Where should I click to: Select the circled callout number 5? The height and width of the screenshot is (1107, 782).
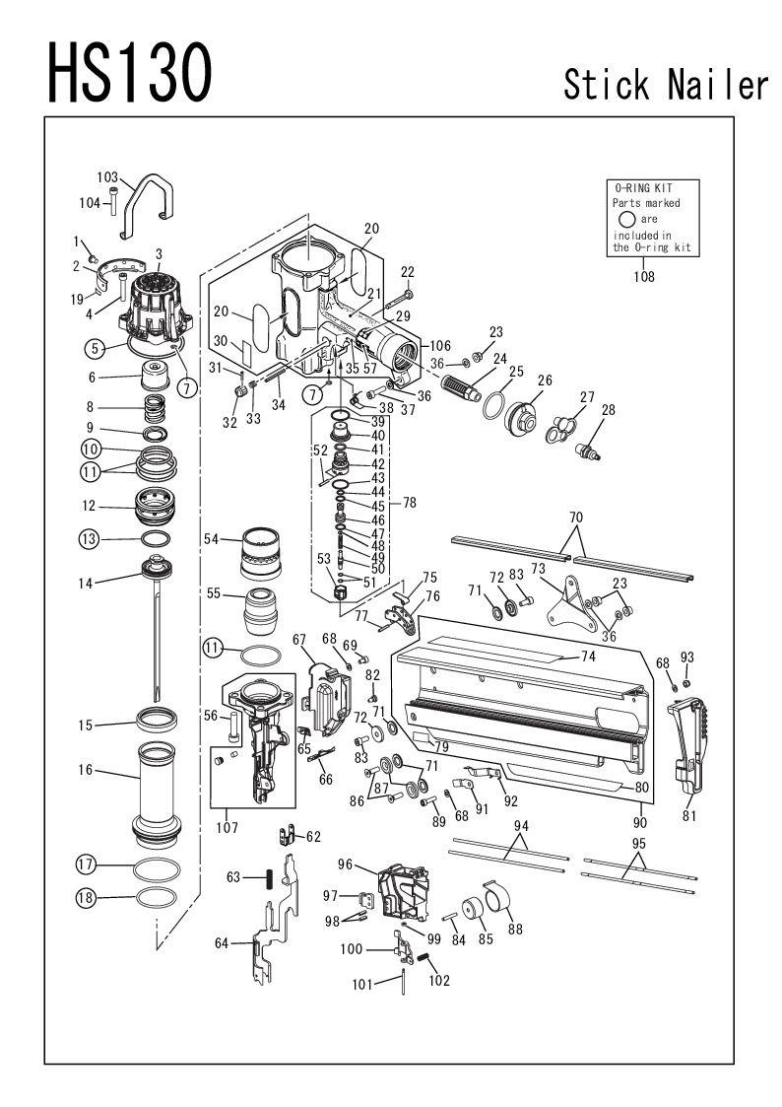(x=94, y=347)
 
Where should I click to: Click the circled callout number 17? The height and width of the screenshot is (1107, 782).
(x=86, y=865)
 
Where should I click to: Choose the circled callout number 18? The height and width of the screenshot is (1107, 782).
(x=86, y=898)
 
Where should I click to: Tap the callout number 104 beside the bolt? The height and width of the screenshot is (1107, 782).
(x=90, y=202)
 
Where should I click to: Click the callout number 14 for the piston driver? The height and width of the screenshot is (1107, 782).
(x=86, y=584)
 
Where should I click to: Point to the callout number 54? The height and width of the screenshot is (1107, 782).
(x=211, y=538)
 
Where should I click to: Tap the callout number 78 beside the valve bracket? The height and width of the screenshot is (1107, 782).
(x=409, y=502)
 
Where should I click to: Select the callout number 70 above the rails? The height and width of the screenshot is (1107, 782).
(x=576, y=516)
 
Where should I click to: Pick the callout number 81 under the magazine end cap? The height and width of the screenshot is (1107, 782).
(x=688, y=816)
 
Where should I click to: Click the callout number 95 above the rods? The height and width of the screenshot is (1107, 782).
(x=638, y=843)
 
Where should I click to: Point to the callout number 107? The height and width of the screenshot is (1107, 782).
(x=228, y=827)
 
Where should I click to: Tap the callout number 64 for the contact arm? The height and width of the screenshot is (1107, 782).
(x=222, y=943)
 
